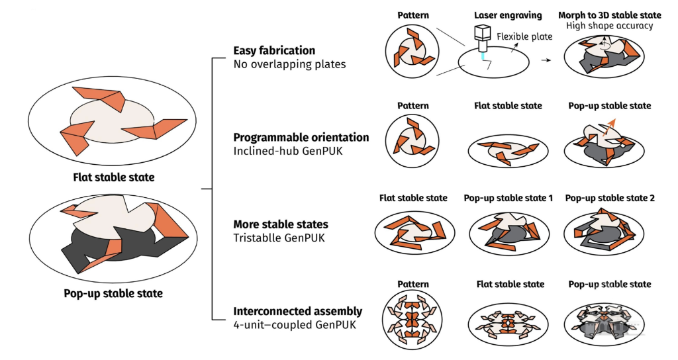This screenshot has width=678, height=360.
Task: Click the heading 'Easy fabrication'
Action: (274, 50)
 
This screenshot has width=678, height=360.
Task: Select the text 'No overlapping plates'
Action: (289, 64)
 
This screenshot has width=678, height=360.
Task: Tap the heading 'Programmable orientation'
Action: (301, 138)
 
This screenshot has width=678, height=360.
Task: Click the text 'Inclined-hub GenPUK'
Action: (287, 151)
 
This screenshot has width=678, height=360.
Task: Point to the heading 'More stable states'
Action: (281, 224)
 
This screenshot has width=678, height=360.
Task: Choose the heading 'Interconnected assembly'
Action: (297, 311)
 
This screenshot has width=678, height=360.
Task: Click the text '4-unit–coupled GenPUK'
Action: (295, 324)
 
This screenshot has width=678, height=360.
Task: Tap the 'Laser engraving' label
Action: (508, 15)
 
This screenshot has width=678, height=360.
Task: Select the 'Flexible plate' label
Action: (524, 37)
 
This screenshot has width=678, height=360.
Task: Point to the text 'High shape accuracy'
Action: (609, 26)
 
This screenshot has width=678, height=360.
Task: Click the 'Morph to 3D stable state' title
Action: (609, 15)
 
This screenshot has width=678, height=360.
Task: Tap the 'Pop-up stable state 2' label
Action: (610, 198)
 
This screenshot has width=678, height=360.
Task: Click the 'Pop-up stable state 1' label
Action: (508, 198)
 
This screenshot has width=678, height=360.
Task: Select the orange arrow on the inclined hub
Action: (609, 128)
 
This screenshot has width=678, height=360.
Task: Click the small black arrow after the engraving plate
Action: (546, 60)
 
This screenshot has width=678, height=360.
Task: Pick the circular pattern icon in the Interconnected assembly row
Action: (412, 320)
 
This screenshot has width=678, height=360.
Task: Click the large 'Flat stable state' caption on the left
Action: (114, 177)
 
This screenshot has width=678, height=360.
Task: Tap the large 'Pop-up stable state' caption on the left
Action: (113, 293)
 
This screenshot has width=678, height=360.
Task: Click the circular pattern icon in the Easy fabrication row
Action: (412, 51)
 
